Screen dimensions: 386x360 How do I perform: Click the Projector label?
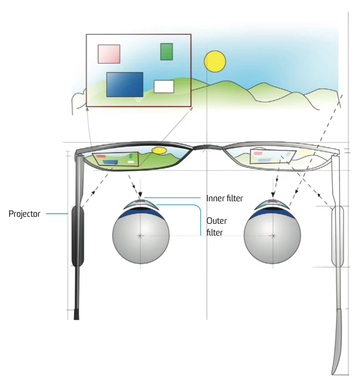pyautogui.click(x=25, y=214)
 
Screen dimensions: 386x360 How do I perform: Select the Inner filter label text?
pyautogui.click(x=224, y=199)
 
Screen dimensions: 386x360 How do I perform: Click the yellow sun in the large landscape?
pyautogui.click(x=215, y=62)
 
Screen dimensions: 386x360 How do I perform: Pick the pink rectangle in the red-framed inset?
pyautogui.click(x=109, y=54)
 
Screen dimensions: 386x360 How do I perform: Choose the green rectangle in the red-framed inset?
pyautogui.click(x=167, y=52)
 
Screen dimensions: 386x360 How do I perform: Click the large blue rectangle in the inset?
pyautogui.click(x=125, y=84)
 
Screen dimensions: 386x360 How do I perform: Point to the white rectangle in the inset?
pyautogui.click(x=164, y=86)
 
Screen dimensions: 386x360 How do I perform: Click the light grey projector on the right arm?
pyautogui.click(x=336, y=236)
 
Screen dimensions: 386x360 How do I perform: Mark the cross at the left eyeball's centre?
pyautogui.click(x=140, y=236)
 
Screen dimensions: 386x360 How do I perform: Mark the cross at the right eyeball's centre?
pyautogui.click(x=273, y=236)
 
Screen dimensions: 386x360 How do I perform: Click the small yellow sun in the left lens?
pyautogui.click(x=159, y=150)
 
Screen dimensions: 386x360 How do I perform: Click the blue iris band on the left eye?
pyautogui.click(x=140, y=213)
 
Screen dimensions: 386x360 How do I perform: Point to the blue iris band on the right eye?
pyautogui.click(x=273, y=213)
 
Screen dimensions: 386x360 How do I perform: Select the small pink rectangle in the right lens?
pyautogui.click(x=258, y=153)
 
